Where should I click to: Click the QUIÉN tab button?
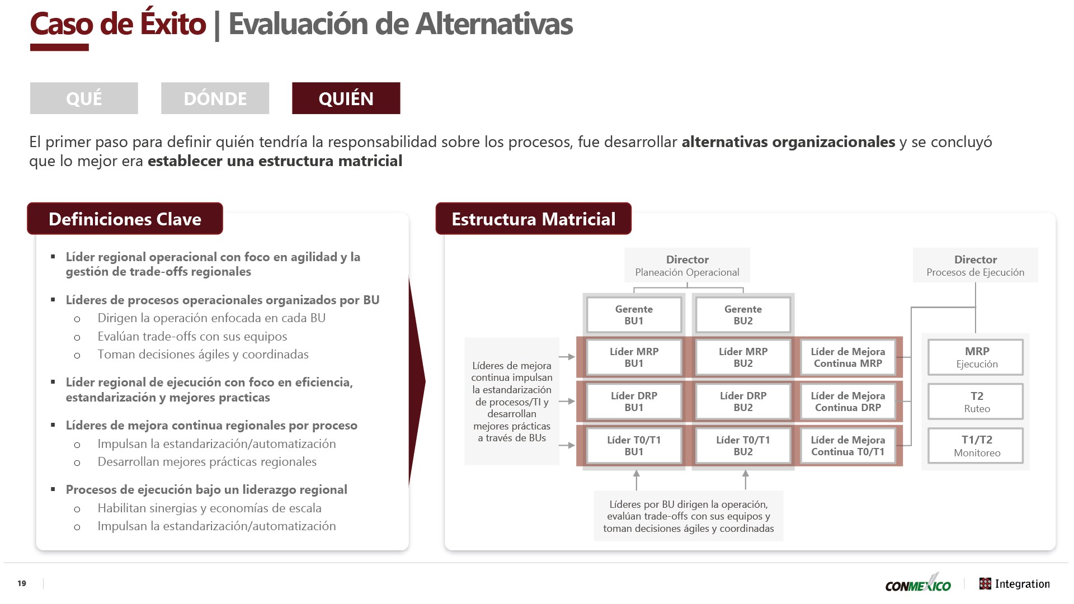pos(346,98)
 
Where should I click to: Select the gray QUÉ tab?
pos(84,98)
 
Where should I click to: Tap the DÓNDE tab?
pos(215,98)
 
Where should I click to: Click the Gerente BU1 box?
pos(634,315)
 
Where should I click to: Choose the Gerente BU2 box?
pos(743,315)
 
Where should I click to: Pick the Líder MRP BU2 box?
pos(743,357)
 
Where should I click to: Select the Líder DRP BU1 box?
pos(634,402)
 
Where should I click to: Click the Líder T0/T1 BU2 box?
pos(743,446)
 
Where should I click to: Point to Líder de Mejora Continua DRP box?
pos(848,402)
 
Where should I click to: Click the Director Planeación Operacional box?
pos(687,265)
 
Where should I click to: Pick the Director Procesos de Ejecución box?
pos(976,265)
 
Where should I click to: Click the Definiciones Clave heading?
pos(125,219)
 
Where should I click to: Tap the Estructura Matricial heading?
pos(534,219)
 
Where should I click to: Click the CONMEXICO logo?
pos(918,583)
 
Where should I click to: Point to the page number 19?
pos(22,583)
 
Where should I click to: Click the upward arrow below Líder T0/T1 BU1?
pos(637,480)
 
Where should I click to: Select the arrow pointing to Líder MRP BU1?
pos(567,357)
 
